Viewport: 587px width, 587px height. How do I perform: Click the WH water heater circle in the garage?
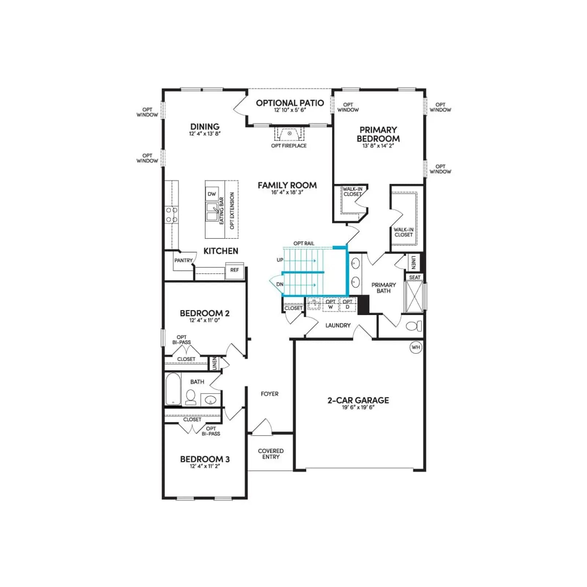click(416, 347)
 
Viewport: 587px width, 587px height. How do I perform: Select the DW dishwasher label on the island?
click(212, 194)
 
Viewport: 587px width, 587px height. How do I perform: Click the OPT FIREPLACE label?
click(289, 146)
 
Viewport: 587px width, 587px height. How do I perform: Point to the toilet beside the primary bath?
click(414, 326)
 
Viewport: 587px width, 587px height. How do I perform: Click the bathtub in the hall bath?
click(173, 389)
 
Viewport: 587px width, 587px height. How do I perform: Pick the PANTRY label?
click(183, 260)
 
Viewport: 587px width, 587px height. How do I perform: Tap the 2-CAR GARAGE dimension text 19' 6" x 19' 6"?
click(358, 407)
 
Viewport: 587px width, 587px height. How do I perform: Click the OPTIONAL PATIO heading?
click(290, 103)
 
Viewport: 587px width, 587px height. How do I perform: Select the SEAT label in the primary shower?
click(415, 277)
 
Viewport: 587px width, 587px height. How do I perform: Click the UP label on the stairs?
click(280, 260)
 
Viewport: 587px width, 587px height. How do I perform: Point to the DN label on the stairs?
click(280, 284)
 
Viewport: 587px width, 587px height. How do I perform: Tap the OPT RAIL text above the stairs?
click(304, 244)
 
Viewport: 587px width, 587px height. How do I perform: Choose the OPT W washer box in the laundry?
click(331, 305)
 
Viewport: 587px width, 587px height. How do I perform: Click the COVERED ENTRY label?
click(271, 454)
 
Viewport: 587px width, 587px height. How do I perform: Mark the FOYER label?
click(270, 394)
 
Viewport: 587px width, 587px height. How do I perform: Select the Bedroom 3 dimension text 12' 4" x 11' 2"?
click(205, 466)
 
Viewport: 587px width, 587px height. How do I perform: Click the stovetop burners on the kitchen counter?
click(171, 215)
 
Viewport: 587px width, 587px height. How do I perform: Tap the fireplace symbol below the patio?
click(289, 134)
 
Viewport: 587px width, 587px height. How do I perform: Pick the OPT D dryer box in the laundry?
click(347, 305)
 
